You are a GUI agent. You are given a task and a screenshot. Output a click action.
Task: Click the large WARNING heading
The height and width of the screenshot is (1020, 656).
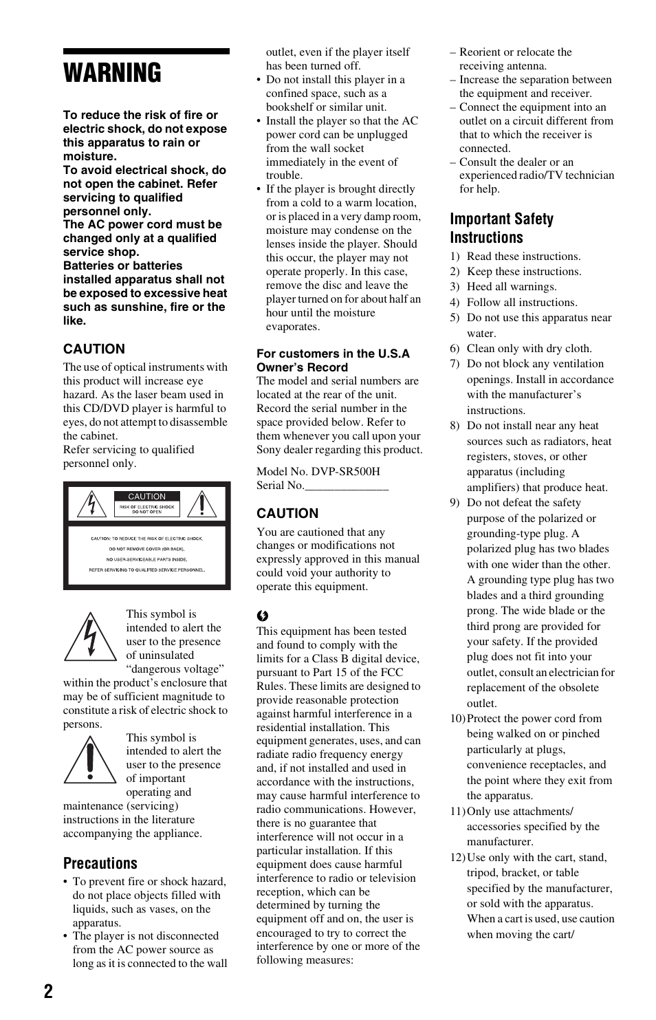click(x=113, y=74)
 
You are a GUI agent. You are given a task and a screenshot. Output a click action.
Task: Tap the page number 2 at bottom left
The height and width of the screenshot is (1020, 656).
click(x=48, y=991)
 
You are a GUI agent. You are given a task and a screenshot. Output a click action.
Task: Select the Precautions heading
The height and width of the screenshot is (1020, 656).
click(x=100, y=863)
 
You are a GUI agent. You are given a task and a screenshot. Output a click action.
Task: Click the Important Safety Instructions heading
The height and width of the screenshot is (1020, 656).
click(x=501, y=228)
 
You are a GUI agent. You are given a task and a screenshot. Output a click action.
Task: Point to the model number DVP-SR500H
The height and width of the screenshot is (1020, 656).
click(x=345, y=471)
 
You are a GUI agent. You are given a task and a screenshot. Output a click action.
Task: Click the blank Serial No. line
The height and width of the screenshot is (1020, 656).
click(x=347, y=486)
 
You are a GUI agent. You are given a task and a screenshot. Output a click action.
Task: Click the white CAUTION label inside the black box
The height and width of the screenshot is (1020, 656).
click(x=146, y=496)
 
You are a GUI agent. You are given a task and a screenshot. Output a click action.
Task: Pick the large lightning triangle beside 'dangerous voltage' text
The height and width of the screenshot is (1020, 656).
click(x=90, y=637)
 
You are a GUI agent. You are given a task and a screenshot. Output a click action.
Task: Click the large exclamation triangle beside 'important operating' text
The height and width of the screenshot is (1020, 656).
click(x=90, y=760)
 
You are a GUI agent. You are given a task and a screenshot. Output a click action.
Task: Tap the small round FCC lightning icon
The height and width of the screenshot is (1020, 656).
click(x=263, y=616)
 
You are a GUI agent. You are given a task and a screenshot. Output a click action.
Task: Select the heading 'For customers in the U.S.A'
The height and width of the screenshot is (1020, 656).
click(x=333, y=354)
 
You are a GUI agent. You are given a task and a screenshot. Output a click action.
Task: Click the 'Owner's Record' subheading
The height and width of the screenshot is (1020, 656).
click(x=302, y=367)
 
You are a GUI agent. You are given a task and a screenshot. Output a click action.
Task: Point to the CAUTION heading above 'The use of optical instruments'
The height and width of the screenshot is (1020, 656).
click(x=94, y=349)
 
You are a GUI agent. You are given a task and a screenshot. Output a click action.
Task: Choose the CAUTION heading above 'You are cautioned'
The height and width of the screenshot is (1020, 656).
click(x=287, y=513)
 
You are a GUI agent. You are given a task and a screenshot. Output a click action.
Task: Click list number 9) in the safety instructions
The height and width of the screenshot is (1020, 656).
click(x=455, y=503)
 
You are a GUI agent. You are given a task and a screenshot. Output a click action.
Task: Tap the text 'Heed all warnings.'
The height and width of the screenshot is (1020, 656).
click(x=512, y=287)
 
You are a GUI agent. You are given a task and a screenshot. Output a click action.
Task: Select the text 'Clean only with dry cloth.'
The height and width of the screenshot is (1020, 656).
click(x=529, y=349)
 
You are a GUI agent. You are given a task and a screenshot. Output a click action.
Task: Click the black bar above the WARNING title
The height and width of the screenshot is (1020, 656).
click(x=146, y=52)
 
